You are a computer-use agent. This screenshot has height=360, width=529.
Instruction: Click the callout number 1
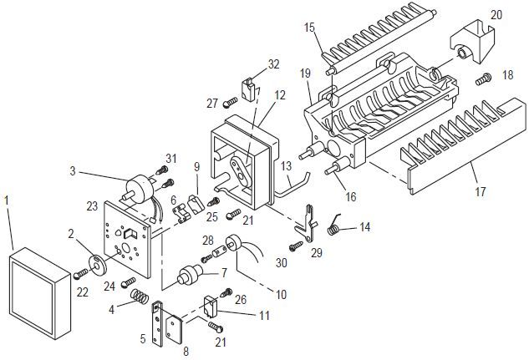click(7, 200)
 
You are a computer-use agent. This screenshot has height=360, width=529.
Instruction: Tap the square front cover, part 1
click(40, 293)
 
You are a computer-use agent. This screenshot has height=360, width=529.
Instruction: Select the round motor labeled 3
click(139, 190)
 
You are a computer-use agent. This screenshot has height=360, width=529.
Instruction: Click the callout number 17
click(480, 192)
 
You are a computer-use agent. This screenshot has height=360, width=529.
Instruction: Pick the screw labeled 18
click(484, 79)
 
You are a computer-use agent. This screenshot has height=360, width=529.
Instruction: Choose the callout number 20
click(496, 15)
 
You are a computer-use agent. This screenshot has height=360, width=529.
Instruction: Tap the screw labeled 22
click(80, 273)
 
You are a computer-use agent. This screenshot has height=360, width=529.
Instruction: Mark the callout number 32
click(274, 64)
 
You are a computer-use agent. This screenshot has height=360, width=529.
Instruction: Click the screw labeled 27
click(231, 101)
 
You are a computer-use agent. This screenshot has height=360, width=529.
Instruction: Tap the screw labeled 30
click(296, 246)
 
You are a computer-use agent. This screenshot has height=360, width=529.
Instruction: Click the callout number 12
click(280, 95)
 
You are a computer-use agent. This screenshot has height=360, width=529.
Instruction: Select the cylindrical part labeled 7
click(191, 273)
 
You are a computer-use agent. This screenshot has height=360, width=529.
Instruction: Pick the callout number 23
click(92, 206)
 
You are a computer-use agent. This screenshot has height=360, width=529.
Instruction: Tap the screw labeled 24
click(128, 281)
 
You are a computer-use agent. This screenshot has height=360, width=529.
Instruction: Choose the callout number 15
click(309, 28)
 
